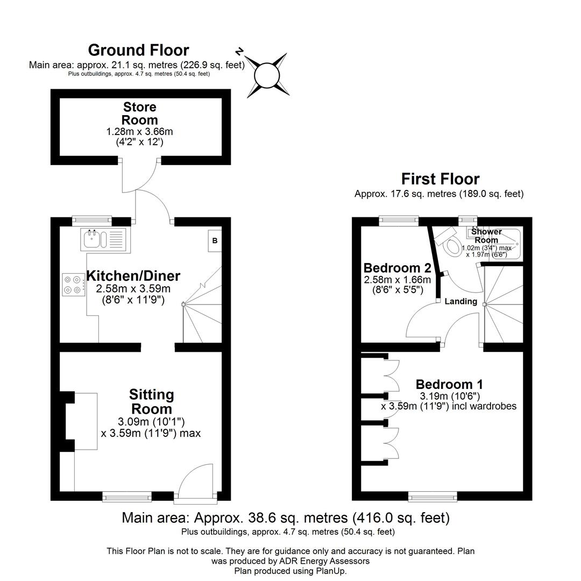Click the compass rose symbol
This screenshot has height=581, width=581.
coord(267,75)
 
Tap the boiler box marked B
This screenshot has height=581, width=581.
coord(215,241)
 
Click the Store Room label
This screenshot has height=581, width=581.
coord(140,113)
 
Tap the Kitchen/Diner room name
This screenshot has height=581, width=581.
coord(133,276)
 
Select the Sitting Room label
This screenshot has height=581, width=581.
coord(151,401)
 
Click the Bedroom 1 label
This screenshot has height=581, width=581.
coord(449,385)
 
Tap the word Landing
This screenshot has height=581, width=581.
coord(460,302)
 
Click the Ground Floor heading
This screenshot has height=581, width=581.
coord(138,50)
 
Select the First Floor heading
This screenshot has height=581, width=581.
coord(440,179)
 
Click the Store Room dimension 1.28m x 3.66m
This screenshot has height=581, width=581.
coord(140,132)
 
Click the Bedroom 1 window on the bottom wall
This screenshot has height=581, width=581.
coord(433,497)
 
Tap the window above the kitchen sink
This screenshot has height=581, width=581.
coord(92,219)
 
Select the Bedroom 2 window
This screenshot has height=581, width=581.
coord(399,219)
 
